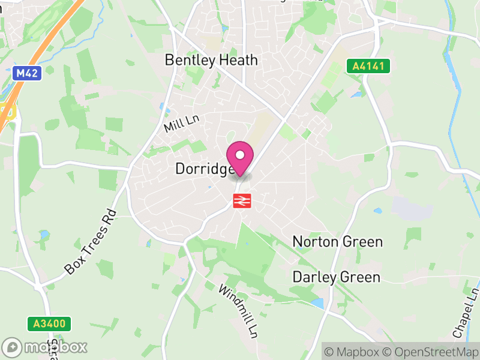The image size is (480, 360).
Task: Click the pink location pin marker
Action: (x=240, y=157)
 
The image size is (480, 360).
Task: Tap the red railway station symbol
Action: (x=241, y=200)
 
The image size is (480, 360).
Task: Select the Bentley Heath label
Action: (x=211, y=60)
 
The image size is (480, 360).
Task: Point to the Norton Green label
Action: (x=337, y=242)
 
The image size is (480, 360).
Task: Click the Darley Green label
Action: (x=336, y=277)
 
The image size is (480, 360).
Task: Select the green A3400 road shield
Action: (x=49, y=324)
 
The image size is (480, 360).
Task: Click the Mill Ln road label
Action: (x=181, y=124)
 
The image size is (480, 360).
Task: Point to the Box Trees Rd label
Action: (x=90, y=241)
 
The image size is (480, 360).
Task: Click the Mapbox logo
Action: (x=46, y=347)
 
